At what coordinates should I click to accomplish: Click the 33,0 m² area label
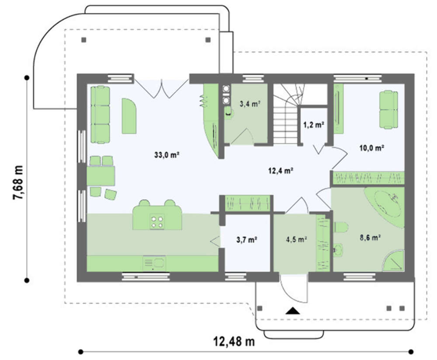166,154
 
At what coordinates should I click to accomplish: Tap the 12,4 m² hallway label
281,170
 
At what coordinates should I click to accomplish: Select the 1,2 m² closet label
313,125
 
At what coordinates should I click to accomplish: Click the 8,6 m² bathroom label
371,238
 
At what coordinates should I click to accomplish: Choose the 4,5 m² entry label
297,239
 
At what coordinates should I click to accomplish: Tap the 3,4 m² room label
250,104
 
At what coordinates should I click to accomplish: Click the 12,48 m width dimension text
234,341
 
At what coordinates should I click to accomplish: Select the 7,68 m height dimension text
18,182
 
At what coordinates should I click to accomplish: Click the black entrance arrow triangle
292,311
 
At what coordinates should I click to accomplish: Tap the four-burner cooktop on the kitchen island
157,222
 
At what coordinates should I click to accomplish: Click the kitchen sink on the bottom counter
154,263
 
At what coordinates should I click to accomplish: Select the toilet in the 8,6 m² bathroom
340,227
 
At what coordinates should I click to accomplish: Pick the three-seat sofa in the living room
100,115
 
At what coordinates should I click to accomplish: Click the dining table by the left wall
101,176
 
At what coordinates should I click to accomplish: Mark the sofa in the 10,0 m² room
388,109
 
